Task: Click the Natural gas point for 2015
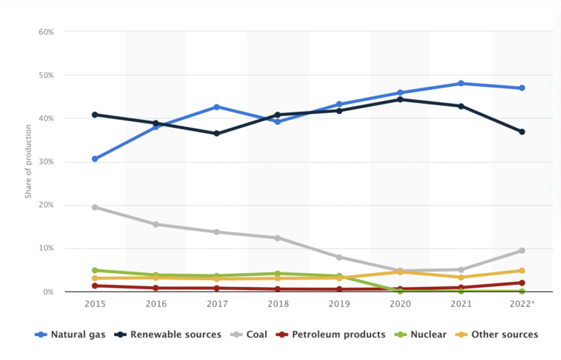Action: pyautogui.click(x=95, y=158)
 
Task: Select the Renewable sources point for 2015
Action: pyautogui.click(x=95, y=115)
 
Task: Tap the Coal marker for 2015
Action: pyautogui.click(x=95, y=207)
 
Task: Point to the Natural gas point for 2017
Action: pyautogui.click(x=217, y=107)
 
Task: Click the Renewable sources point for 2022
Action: pyautogui.click(x=522, y=132)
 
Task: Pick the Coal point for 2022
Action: pyautogui.click(x=522, y=250)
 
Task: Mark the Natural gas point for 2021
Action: pyautogui.click(x=461, y=83)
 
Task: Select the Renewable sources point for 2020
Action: pyautogui.click(x=400, y=99)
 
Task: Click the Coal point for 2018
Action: pyautogui.click(x=278, y=238)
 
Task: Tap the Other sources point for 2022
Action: pyautogui.click(x=522, y=271)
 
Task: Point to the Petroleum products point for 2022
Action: pyautogui.click(x=522, y=283)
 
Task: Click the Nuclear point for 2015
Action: pyautogui.click(x=95, y=270)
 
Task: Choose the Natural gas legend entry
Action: pyautogui.click(x=70, y=334)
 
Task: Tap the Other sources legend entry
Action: pyautogui.click(x=500, y=334)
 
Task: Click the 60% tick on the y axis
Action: pyautogui.click(x=46, y=32)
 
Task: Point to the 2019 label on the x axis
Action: pyautogui.click(x=339, y=303)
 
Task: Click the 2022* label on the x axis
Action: pyautogui.click(x=522, y=303)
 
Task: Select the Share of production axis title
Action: pyautogui.click(x=28, y=162)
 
